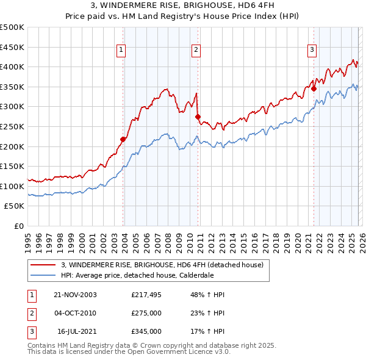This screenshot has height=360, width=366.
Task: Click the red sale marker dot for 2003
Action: pyautogui.click(x=123, y=139)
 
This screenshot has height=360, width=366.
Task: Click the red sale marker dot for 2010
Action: pyautogui.click(x=197, y=117)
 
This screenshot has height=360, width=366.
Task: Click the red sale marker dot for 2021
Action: pyautogui.click(x=314, y=88)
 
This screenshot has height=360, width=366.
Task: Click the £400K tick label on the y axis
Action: pyautogui.click(x=12, y=67)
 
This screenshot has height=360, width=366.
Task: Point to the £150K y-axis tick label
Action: pyautogui.click(x=12, y=166)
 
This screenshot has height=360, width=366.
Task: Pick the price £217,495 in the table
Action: pyautogui.click(x=146, y=295)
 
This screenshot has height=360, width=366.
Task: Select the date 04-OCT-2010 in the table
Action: pyautogui.click(x=75, y=313)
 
